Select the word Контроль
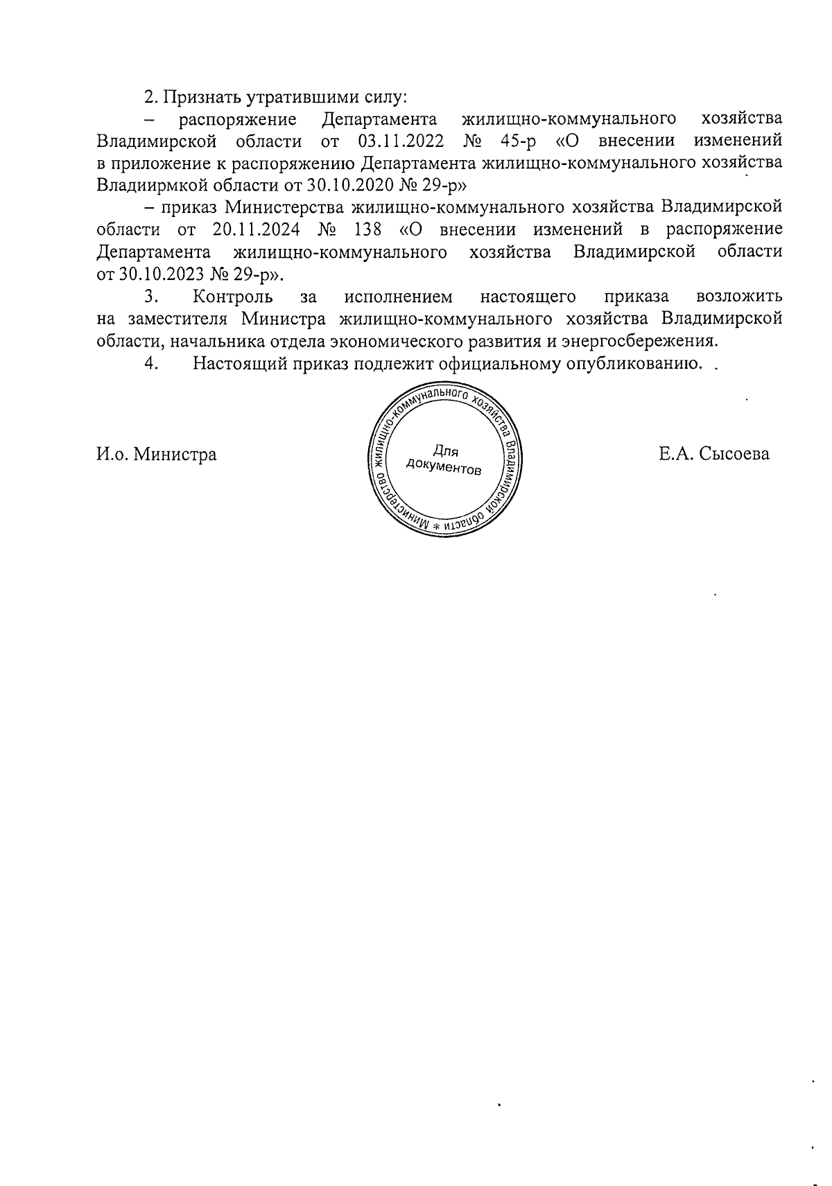coord(232,297)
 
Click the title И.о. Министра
coord(157,455)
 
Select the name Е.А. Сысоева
coord(714,455)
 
